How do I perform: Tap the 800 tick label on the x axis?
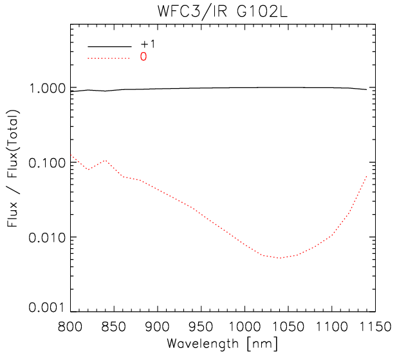click(x=69, y=326)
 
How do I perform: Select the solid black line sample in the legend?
click(x=111, y=46)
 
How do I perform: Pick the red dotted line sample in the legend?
click(x=111, y=58)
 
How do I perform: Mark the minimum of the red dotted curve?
click(x=280, y=258)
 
